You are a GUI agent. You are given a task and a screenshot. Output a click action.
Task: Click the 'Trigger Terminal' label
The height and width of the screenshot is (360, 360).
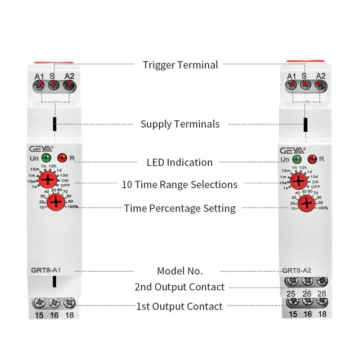(180, 65)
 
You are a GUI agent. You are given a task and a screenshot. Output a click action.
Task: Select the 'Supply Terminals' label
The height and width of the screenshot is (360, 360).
(180, 124)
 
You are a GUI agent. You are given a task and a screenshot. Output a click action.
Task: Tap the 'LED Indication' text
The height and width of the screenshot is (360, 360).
(180, 163)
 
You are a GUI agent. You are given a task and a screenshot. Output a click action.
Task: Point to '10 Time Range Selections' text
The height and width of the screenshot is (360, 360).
(180, 184)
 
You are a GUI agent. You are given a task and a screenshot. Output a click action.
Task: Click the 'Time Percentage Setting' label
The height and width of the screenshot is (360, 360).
(180, 209)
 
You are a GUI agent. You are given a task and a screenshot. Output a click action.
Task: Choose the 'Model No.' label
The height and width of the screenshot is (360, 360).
(180, 271)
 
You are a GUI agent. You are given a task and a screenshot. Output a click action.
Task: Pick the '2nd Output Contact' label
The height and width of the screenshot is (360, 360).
(180, 287)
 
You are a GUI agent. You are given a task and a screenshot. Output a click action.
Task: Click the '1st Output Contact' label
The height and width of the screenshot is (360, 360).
(180, 307)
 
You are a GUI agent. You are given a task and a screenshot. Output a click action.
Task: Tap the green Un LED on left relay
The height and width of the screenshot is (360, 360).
(46, 158)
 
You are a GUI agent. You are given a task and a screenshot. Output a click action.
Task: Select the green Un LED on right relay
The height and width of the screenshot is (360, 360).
(297, 158)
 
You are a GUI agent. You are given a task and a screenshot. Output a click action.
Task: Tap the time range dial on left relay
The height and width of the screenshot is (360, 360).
(49, 180)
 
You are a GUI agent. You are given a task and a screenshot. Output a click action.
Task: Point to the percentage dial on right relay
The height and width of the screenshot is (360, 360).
(306, 204)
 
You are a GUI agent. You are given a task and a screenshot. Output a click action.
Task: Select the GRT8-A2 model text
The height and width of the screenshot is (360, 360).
(295, 269)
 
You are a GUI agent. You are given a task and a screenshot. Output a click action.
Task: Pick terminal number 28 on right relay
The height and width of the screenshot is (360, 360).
(322, 294)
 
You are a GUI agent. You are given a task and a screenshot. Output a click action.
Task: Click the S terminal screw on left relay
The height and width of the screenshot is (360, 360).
(53, 85)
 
